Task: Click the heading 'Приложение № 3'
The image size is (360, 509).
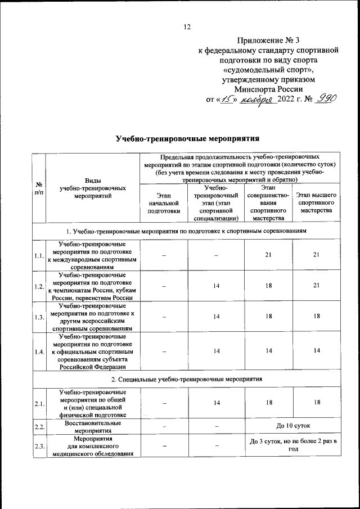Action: [269, 40]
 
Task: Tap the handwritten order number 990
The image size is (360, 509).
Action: [325, 98]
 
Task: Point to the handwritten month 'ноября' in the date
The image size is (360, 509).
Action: [258, 99]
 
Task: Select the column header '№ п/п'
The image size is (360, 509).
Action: [38, 188]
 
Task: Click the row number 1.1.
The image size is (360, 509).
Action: [39, 256]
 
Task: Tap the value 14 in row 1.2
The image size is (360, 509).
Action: [216, 286]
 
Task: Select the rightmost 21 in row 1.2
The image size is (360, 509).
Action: [316, 286]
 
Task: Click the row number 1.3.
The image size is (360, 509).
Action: [39, 317]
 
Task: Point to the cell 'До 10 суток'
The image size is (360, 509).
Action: [292, 426]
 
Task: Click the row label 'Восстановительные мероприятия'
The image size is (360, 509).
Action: [92, 426]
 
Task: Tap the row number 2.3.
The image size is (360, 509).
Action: [39, 447]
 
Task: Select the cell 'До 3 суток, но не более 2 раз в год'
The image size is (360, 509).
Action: [292, 447]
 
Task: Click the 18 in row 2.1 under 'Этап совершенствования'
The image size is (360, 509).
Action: [268, 403]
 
